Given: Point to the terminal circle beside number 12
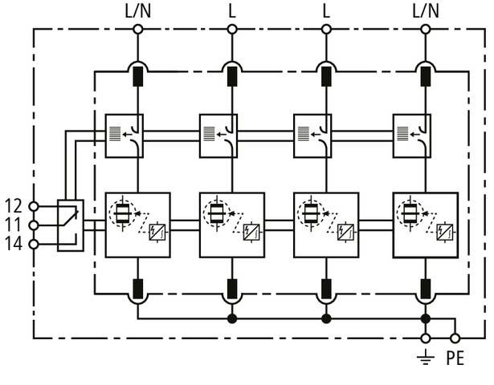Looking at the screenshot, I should (33, 206).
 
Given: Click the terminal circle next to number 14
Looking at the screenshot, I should (33, 244).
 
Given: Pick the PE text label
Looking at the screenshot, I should (455, 359).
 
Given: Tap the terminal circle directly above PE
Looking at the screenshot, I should (455, 338).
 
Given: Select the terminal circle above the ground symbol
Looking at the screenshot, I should (426, 338).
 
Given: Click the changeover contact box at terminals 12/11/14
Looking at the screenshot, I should (71, 225).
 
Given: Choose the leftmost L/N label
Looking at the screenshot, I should (137, 10).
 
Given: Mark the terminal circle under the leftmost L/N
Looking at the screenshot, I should (137, 30).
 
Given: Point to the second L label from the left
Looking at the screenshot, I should (326, 10).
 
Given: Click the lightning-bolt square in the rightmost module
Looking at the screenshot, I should (444, 233).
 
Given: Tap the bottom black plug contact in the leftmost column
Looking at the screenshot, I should (137, 288).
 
